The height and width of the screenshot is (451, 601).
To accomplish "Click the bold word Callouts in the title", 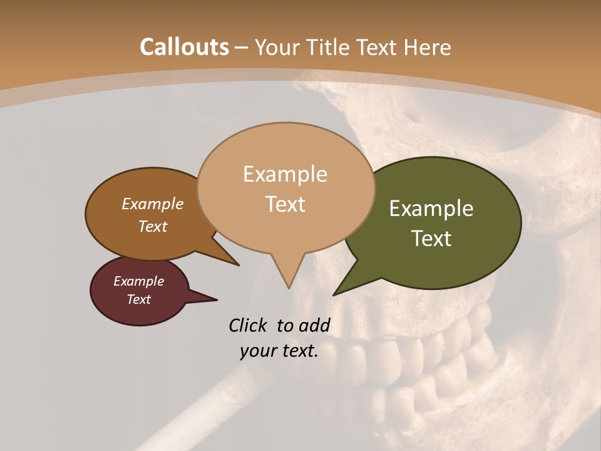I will (184, 47).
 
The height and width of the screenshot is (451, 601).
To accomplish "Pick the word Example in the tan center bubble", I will (285, 174).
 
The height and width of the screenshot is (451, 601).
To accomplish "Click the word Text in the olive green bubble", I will (431, 239).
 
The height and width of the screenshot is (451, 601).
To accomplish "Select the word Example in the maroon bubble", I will (138, 281).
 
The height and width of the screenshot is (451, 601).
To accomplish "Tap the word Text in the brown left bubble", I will (153, 226).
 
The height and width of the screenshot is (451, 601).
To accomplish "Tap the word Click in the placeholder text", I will (248, 325).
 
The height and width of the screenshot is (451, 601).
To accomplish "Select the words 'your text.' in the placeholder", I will (279, 351).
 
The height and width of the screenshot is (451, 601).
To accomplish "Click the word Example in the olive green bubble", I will (431, 209).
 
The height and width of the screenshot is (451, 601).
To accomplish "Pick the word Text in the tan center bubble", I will (285, 204).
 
